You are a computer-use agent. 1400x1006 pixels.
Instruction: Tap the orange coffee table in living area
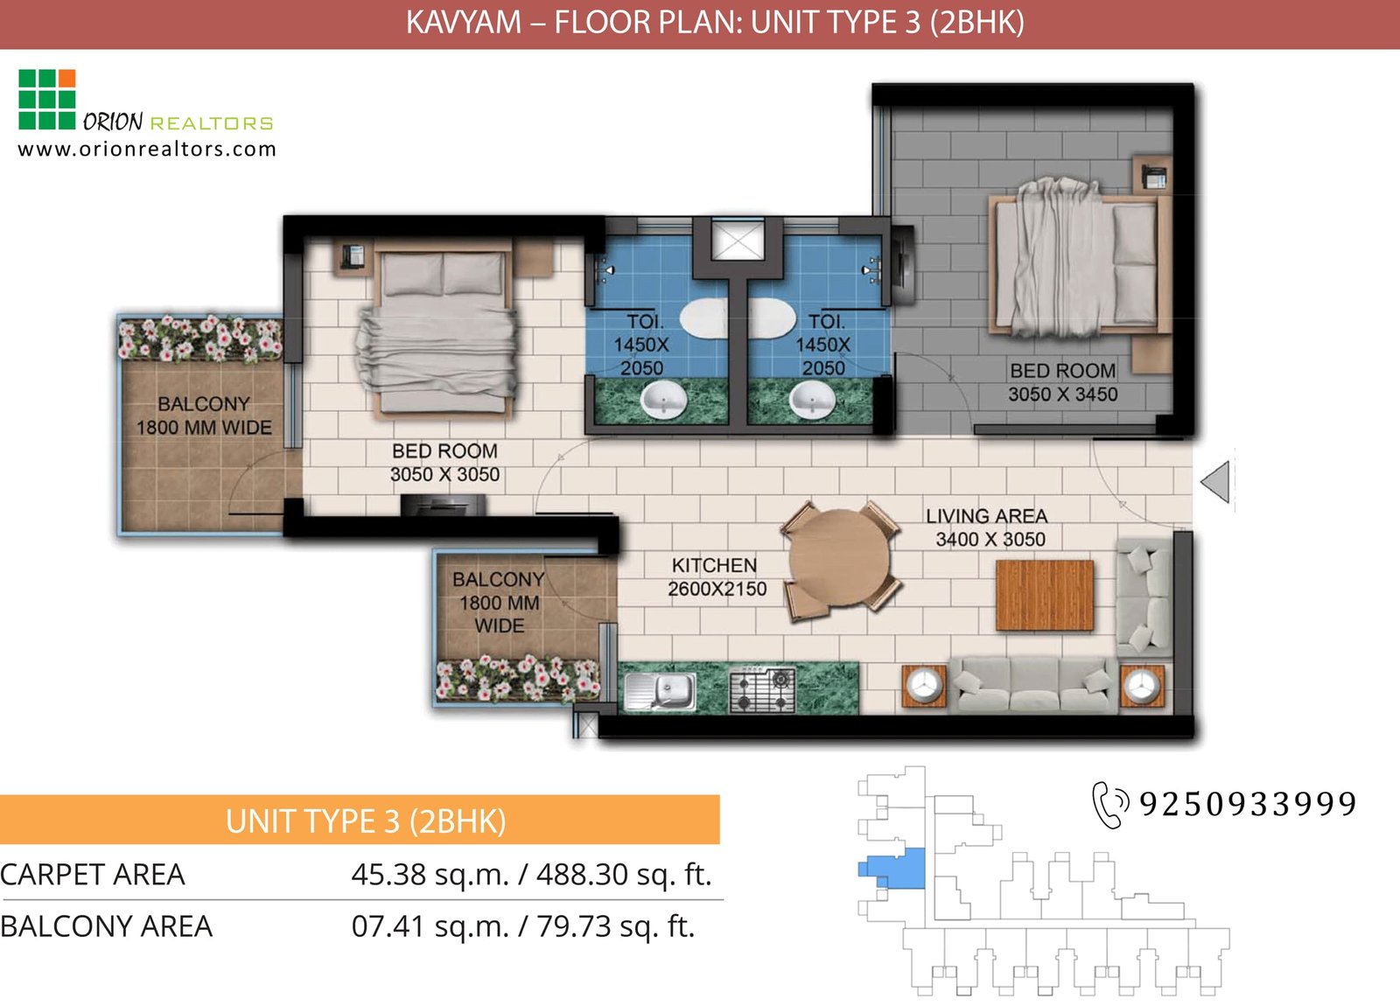[1045, 596]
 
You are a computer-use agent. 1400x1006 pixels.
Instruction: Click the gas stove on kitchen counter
[762, 690]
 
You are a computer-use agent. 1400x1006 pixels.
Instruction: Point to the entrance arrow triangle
[1216, 482]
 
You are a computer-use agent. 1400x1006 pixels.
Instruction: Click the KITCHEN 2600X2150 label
[716, 577]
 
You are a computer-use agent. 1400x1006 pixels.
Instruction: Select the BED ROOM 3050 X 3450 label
[1062, 382]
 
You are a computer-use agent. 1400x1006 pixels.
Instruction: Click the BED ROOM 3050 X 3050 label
[444, 463]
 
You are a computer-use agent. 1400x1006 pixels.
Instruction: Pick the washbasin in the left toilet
[664, 402]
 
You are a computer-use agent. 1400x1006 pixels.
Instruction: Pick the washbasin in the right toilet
[813, 402]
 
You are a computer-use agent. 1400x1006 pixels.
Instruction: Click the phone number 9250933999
[1247, 803]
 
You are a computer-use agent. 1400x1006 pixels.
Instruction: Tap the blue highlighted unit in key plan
[901, 868]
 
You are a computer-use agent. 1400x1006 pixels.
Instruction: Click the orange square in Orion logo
[66, 79]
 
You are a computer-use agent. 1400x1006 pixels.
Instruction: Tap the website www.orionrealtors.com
[147, 149]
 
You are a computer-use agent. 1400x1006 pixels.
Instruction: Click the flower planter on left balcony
[200, 339]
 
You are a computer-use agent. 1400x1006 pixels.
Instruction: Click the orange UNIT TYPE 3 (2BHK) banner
[360, 821]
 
